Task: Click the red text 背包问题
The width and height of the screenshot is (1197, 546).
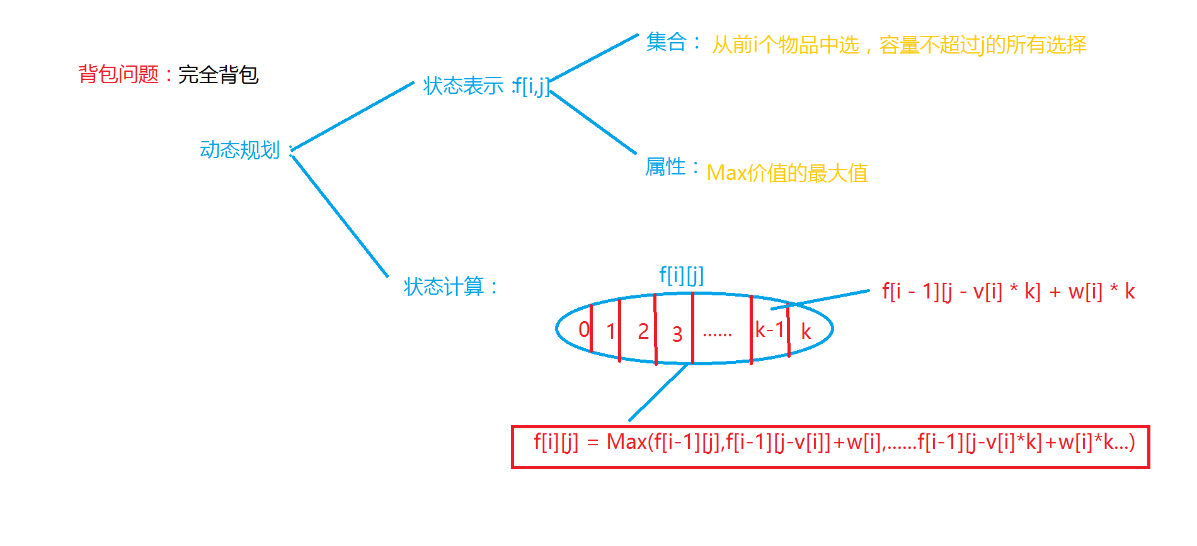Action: (118, 74)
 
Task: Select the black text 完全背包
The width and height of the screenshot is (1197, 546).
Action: (218, 74)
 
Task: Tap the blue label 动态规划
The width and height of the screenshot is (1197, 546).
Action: (239, 150)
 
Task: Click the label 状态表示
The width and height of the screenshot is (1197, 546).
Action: (463, 86)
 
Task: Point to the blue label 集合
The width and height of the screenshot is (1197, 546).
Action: (666, 42)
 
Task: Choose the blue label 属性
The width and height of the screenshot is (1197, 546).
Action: (665, 167)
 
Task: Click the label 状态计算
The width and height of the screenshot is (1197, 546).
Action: (444, 287)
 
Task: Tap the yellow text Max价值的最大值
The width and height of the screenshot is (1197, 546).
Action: (787, 173)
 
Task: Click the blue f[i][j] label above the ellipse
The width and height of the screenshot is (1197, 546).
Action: (681, 275)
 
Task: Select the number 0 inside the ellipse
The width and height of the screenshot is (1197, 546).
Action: (584, 329)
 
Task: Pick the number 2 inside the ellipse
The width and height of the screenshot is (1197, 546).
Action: (643, 331)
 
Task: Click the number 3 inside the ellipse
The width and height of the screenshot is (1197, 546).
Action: (677, 334)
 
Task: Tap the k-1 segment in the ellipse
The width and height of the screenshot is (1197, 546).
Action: (769, 329)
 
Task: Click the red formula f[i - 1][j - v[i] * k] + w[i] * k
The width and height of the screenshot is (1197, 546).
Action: (1008, 291)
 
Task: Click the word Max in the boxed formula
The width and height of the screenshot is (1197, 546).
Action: (626, 442)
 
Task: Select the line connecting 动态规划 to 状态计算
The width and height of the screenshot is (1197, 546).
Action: (340, 216)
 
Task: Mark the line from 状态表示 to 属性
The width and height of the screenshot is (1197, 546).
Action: (592, 121)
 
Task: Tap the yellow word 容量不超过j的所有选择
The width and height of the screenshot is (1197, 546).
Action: (982, 45)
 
